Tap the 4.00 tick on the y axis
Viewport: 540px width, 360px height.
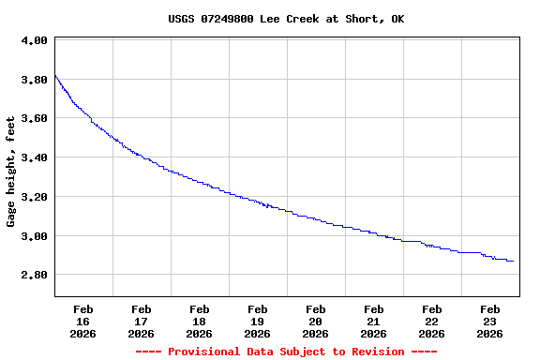point(34,41)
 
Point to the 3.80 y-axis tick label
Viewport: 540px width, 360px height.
point(34,80)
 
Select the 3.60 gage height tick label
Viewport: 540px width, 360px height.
point(34,119)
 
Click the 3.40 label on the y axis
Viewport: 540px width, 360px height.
point(34,157)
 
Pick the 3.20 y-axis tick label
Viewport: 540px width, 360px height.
point(34,197)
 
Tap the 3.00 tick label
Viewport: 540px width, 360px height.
point(34,236)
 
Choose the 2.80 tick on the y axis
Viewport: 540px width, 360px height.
point(34,275)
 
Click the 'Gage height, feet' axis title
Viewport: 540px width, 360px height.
point(11,172)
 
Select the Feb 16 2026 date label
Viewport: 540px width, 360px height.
point(83,321)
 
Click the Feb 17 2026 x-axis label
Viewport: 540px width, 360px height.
point(142,321)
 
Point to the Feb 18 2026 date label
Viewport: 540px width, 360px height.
point(200,321)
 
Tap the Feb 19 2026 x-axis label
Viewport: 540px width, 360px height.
point(258,321)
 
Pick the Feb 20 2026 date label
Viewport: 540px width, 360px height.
point(316,321)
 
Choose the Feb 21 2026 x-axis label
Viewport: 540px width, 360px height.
point(374,321)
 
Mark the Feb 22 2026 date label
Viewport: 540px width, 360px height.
point(432,321)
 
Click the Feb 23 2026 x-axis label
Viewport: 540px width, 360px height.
point(490,321)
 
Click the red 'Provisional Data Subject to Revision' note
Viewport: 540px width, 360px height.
point(286,352)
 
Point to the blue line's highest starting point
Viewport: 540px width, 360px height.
point(55,76)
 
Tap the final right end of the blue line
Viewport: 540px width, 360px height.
point(513,261)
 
